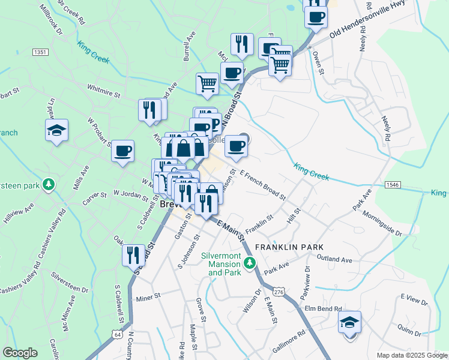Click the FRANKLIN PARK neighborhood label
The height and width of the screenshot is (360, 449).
[289, 247]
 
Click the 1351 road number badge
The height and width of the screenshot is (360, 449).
[41, 53]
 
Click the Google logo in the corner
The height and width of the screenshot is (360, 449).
[20, 353]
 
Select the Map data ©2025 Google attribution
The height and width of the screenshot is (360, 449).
[412, 355]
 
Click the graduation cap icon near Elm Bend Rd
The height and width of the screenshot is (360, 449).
[349, 322]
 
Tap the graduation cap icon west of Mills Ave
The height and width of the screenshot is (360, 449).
[56, 130]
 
